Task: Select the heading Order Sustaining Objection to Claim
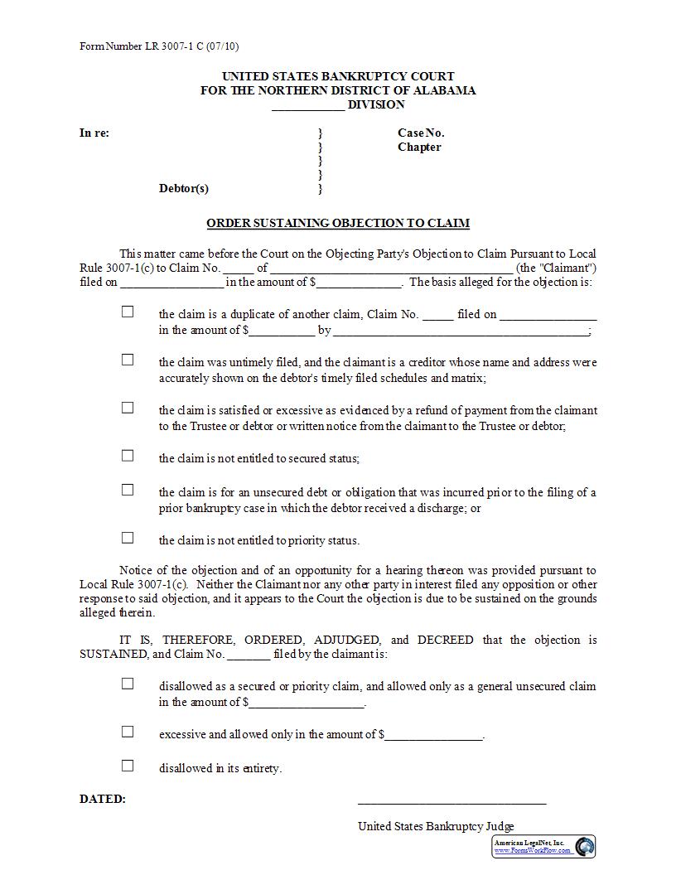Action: tap(338, 223)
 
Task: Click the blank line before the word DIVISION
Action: tap(307, 106)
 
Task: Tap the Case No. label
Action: tap(421, 133)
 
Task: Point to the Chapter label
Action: tap(419, 147)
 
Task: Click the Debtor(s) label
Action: tap(184, 188)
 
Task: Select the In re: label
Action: tap(94, 133)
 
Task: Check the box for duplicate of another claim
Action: tap(128, 312)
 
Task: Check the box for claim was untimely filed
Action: tap(128, 360)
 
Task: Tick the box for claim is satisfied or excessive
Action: tap(128, 408)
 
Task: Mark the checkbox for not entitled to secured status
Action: tap(128, 456)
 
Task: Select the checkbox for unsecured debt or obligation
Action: tap(128, 490)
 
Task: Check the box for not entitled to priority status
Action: tap(128, 538)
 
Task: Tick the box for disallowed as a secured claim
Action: tap(128, 684)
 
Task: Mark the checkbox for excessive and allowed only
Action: tap(128, 732)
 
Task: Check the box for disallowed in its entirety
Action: tap(128, 766)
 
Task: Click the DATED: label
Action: tap(103, 800)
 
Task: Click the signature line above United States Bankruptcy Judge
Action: tap(451, 802)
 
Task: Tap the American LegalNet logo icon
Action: tap(585, 847)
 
